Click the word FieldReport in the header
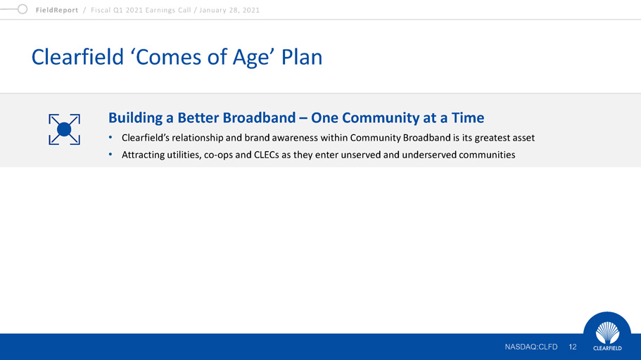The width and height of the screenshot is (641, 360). coord(57,11)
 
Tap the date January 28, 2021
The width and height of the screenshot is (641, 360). coord(229,11)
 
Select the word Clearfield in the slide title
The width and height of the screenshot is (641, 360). coord(77,57)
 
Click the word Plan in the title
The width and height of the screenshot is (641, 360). coord(302,57)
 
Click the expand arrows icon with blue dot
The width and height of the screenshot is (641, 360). coord(64,129)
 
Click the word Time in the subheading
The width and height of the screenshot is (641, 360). coord(468,117)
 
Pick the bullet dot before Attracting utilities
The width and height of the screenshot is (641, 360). coord(110,155)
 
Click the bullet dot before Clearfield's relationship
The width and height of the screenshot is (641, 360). coord(110,137)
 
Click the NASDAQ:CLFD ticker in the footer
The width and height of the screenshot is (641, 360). coord(531,347)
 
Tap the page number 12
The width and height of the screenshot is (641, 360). coord(572,347)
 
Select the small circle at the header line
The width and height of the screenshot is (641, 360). coord(23,9)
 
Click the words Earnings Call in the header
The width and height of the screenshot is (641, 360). coord(171,11)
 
